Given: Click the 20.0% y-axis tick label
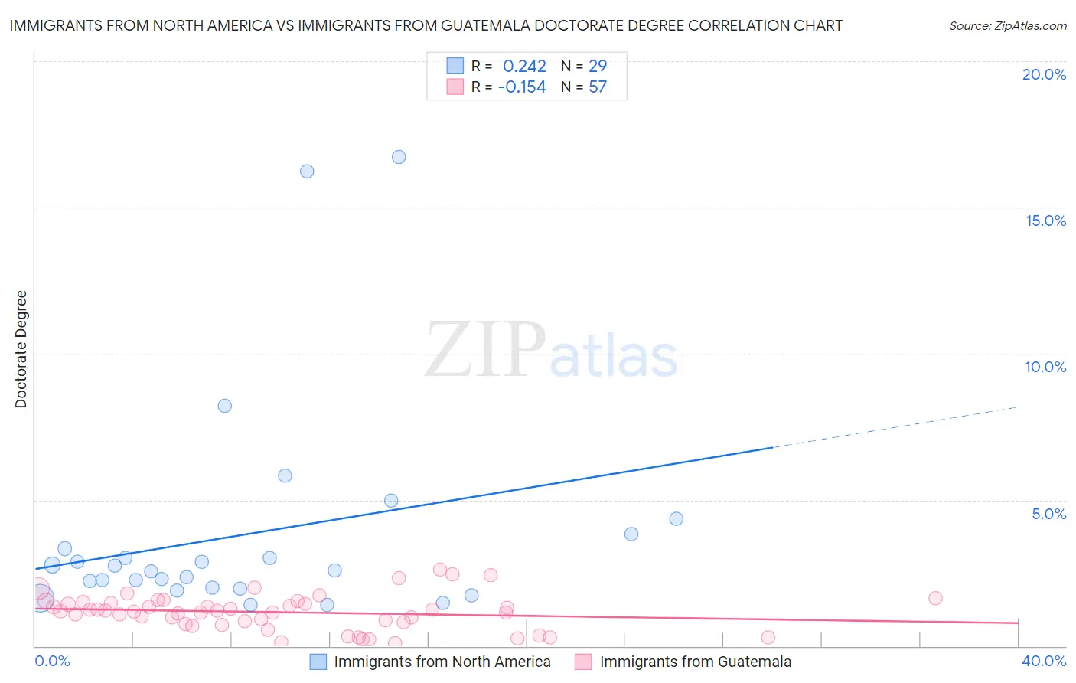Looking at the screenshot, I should click(x=1044, y=74).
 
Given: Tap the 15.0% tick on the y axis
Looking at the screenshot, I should click(x=1045, y=221).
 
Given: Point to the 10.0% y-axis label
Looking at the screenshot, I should click(x=1045, y=367).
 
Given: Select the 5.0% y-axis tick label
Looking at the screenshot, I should click(x=1048, y=514).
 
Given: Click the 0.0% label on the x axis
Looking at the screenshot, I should click(x=52, y=661).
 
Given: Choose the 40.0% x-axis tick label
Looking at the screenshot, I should click(x=1043, y=661).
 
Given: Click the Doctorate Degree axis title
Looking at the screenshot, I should click(x=21, y=349).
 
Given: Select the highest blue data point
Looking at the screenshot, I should click(x=399, y=157).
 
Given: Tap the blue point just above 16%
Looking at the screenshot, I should click(x=307, y=172).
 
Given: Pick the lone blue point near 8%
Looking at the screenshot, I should click(x=225, y=406).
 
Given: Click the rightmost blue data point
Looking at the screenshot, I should click(x=676, y=519).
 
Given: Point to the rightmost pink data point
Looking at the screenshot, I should click(x=935, y=598).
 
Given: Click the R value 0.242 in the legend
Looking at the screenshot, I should click(x=524, y=67).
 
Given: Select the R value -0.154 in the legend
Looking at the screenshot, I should click(x=522, y=87).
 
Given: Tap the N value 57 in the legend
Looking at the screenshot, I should click(x=598, y=87).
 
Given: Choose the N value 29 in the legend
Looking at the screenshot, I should click(x=598, y=67).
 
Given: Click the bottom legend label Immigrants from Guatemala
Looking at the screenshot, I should click(x=695, y=662).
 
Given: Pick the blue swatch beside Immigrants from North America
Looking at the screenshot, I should click(x=318, y=662).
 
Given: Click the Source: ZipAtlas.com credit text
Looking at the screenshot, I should click(x=1007, y=26).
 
